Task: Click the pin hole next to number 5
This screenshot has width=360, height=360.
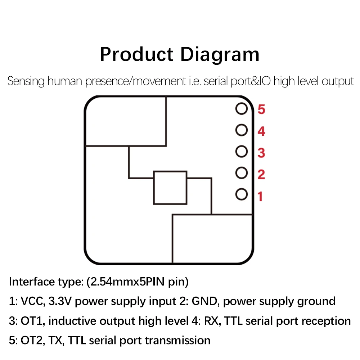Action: point(242,108)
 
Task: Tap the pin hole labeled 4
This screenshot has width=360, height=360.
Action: point(242,130)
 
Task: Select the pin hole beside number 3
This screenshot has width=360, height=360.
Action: point(242,152)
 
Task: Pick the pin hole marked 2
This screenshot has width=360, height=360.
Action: point(242,173)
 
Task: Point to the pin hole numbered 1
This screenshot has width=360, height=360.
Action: point(242,195)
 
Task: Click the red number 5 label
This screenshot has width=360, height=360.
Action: point(262,109)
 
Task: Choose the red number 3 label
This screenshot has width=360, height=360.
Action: point(262,153)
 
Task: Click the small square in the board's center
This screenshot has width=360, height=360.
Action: point(170,188)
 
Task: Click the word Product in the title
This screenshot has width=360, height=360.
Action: point(136,55)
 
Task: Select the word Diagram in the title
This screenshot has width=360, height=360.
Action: point(220,55)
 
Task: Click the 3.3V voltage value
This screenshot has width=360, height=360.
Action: point(60,301)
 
